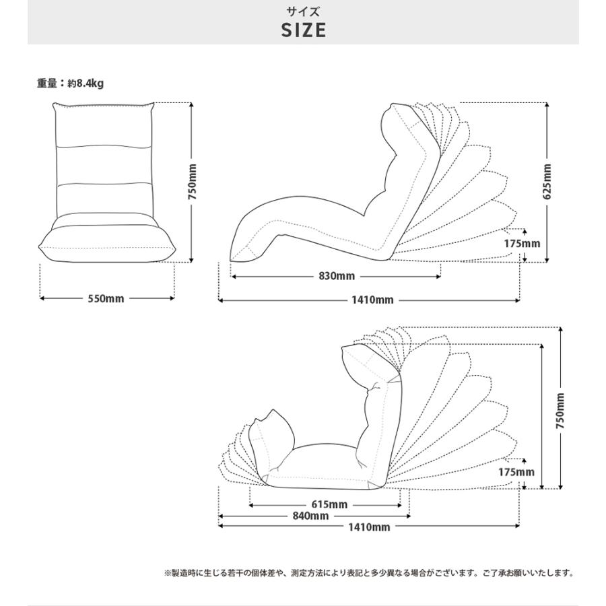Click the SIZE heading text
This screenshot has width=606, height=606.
(x=304, y=30)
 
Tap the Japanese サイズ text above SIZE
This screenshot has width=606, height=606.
(x=304, y=11)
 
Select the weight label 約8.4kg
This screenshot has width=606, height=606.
(x=86, y=83)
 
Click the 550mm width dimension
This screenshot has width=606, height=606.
(x=106, y=299)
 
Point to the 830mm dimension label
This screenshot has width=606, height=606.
(x=337, y=276)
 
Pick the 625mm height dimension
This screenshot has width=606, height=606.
(x=547, y=182)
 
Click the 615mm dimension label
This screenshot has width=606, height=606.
(x=329, y=504)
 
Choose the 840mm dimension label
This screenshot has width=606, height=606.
(x=310, y=516)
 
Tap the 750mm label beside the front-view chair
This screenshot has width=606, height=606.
(x=193, y=182)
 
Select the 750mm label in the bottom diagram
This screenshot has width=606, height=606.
(x=560, y=411)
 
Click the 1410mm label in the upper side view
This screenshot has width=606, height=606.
(x=372, y=300)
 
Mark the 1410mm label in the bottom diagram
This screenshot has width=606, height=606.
(x=369, y=527)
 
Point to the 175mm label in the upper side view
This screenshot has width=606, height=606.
(x=522, y=244)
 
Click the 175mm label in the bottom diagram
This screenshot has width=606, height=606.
(x=516, y=472)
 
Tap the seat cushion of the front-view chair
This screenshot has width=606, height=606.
(x=107, y=244)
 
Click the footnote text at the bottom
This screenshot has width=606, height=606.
(x=370, y=573)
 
